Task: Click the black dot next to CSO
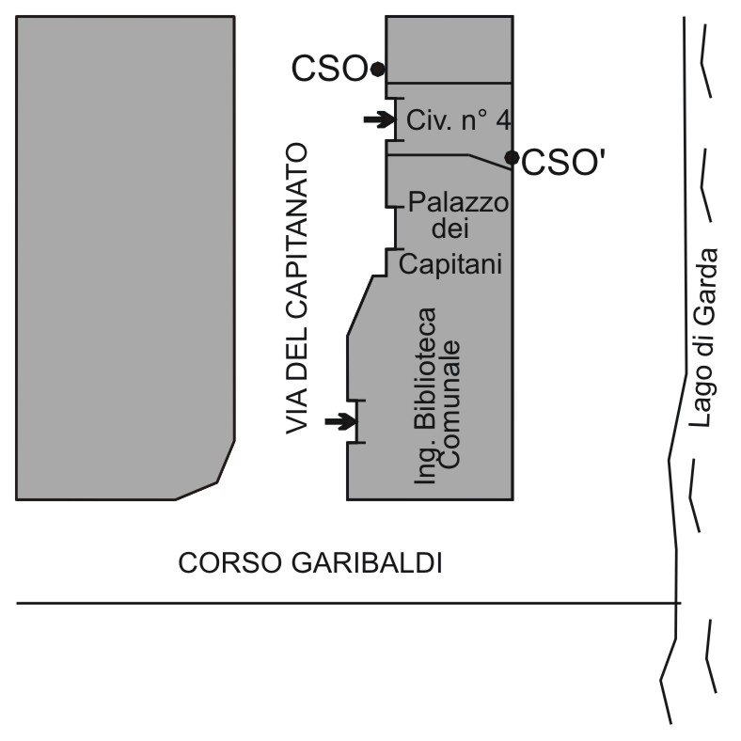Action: (x=377, y=69)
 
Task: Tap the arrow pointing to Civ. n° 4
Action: (x=379, y=118)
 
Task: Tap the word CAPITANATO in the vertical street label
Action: (x=298, y=255)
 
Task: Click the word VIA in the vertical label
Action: (x=298, y=411)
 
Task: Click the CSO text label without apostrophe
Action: (x=328, y=69)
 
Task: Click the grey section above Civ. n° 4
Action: (x=449, y=49)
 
